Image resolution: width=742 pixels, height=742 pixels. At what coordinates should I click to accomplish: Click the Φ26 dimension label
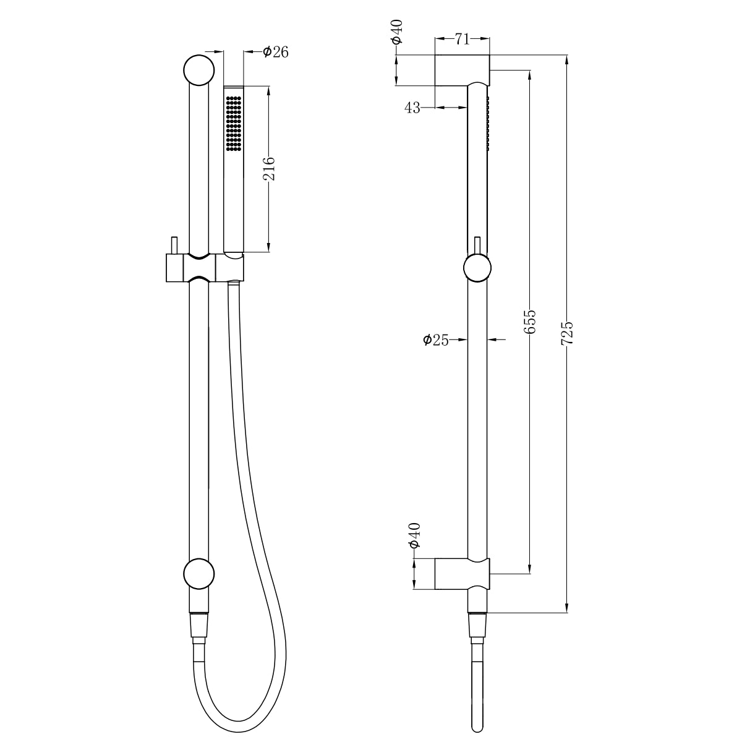(275, 53)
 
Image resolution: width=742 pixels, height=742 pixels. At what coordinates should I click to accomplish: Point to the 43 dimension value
(412, 108)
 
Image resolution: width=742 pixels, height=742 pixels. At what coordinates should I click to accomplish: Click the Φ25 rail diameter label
(436, 339)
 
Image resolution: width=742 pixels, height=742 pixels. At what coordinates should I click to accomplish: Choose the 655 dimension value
(530, 322)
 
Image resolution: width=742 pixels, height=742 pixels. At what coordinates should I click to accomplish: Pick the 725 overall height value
(567, 333)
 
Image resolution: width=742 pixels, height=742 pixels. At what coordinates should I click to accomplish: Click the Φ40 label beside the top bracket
(397, 32)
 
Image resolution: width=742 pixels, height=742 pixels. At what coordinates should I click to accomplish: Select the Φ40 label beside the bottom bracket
(414, 535)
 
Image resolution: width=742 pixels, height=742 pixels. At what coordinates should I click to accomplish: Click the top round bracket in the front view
(199, 69)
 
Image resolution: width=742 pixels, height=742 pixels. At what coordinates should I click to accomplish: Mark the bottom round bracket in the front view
(199, 573)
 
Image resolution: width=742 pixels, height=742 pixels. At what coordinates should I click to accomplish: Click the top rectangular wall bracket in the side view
(463, 70)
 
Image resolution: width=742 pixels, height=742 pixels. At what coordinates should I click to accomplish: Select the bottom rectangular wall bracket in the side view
(463, 573)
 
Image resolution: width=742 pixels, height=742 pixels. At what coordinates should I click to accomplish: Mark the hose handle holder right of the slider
(230, 267)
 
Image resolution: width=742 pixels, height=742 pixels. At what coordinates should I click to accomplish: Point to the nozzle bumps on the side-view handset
(488, 124)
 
